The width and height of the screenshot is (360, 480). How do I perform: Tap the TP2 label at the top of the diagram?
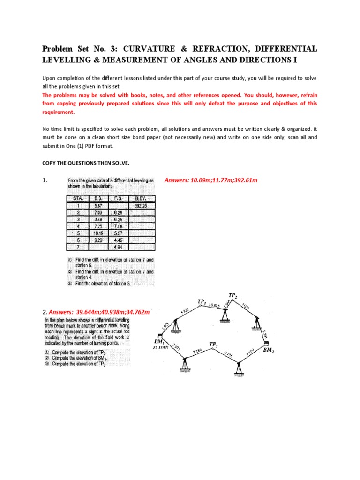tap(233, 295)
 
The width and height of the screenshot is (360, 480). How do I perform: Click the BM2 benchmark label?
tap(269, 350)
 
